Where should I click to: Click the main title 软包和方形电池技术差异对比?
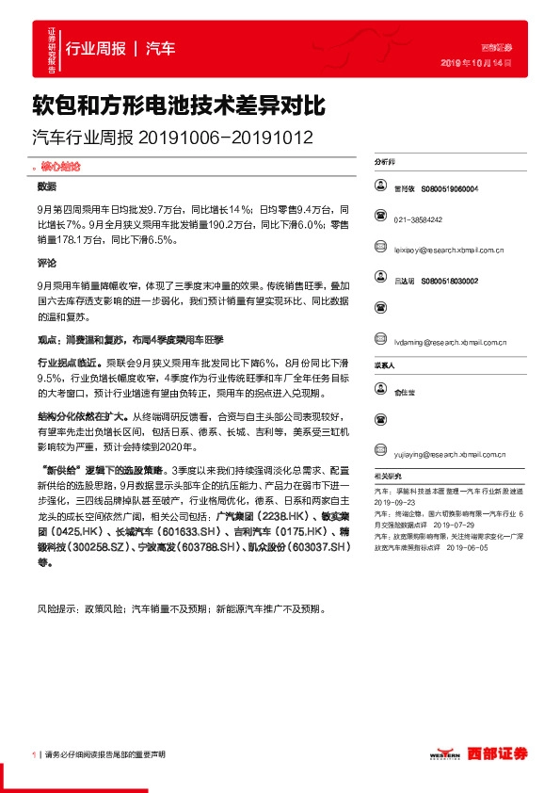180,103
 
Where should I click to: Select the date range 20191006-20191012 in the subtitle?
225,137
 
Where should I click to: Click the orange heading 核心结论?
63,165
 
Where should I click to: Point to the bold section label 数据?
47,186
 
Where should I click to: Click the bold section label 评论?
47,263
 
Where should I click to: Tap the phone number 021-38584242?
419,219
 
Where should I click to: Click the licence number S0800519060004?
450,189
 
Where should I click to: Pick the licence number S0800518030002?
450,281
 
